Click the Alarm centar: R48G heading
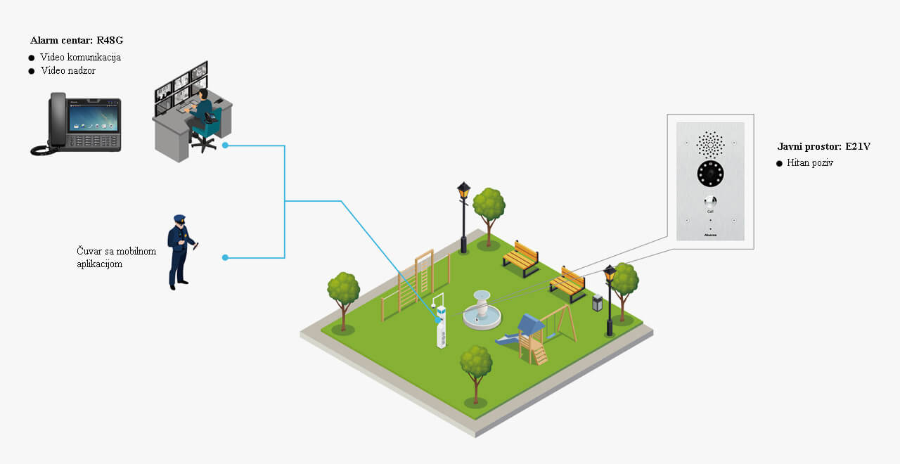click(x=77, y=40)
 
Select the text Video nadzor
click(x=67, y=71)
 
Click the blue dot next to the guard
click(x=225, y=257)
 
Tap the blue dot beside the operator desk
click(x=225, y=146)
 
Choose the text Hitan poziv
click(x=810, y=163)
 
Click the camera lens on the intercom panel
click(x=710, y=172)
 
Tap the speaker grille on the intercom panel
click(x=710, y=145)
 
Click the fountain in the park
click(x=482, y=313)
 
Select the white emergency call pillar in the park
click(x=442, y=328)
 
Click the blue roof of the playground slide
click(x=531, y=324)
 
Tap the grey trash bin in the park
click(x=598, y=303)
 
